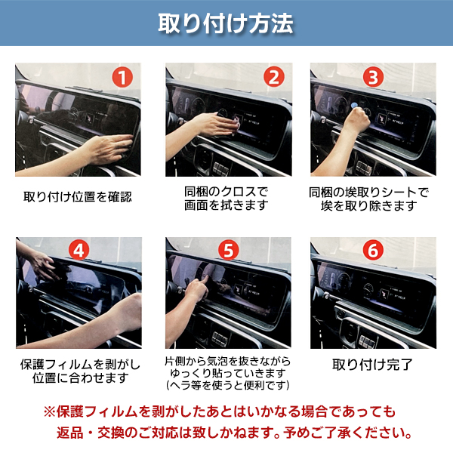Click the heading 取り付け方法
pyautogui.click(x=226, y=23)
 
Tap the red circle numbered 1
pyautogui.click(x=122, y=78)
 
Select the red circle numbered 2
pyautogui.click(x=274, y=77)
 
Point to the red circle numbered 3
pyautogui.click(x=373, y=77)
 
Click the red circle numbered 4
pyautogui.click(x=79, y=250)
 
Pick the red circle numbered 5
pyautogui.click(x=228, y=250)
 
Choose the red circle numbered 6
pyautogui.click(x=373, y=250)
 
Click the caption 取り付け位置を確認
pyautogui.click(x=78, y=197)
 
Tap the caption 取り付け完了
pyautogui.click(x=372, y=365)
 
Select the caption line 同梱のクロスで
pyautogui.click(x=226, y=192)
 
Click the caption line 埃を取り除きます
pyautogui.click(x=369, y=205)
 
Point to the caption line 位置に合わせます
pyautogui.click(x=80, y=378)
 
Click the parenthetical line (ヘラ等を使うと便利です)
pyautogui.click(x=228, y=385)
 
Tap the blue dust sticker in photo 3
pyautogui.click(x=354, y=106)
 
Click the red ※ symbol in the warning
pyautogui.click(x=49, y=411)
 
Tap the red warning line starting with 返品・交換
pyautogui.click(x=234, y=433)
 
